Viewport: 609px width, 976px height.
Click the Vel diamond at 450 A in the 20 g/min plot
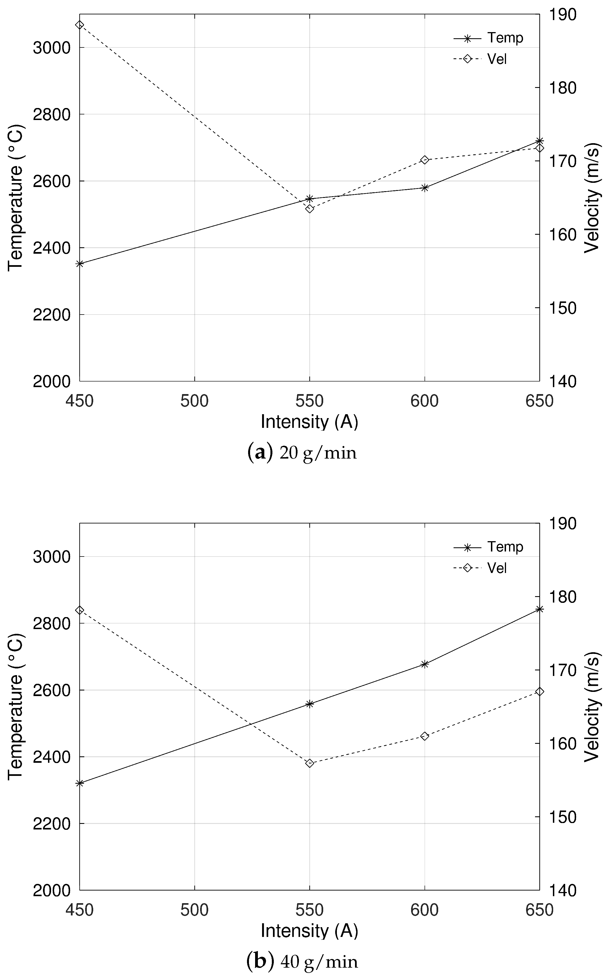pyautogui.click(x=80, y=25)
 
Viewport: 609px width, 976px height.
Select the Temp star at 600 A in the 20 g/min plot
pyautogui.click(x=425, y=188)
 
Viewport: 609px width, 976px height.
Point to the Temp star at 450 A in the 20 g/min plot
pyautogui.click(x=80, y=264)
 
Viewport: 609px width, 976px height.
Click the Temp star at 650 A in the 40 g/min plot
pyautogui.click(x=540, y=609)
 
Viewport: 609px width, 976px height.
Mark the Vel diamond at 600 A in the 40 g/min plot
pyautogui.click(x=425, y=736)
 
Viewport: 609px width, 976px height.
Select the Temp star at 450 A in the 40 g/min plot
pyautogui.click(x=80, y=783)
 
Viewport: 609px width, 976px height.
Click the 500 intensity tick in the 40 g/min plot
pyautogui.click(x=195, y=910)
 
